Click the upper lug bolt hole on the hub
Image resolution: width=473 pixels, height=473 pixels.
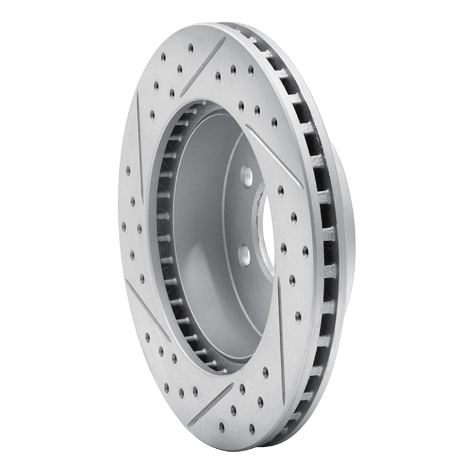pyautogui.click(x=247, y=176)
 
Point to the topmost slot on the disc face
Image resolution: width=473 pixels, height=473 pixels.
pyautogui.click(x=203, y=66)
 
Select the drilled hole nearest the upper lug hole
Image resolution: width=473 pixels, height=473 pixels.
pyautogui.click(x=241, y=106)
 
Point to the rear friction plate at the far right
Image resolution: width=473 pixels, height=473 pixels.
pyautogui.click(x=346, y=237)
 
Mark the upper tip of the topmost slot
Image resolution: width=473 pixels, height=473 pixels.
pyautogui.click(x=225, y=38)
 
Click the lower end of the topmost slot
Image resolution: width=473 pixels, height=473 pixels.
pyautogui.click(x=182, y=95)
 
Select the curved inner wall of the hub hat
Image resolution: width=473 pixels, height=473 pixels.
pyautogui.click(x=195, y=237)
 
